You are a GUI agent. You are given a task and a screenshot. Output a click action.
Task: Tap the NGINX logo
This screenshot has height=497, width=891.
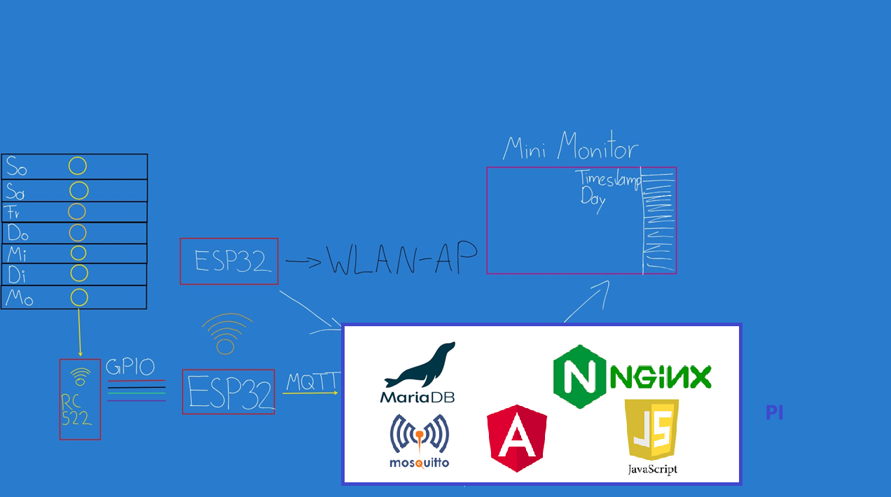coord(632,376)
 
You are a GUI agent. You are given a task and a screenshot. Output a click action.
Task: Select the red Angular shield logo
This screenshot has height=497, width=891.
coord(517,437)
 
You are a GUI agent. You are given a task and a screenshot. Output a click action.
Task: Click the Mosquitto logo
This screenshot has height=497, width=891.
coord(419,440)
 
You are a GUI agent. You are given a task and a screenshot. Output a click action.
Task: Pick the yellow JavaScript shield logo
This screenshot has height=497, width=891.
coord(651,430)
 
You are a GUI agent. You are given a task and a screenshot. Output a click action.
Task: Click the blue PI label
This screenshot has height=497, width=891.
coord(774,413)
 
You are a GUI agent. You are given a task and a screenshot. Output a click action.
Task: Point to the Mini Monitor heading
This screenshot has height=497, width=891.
coord(570,148)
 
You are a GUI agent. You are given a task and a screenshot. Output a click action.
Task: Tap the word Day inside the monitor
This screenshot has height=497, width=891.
coord(593,198)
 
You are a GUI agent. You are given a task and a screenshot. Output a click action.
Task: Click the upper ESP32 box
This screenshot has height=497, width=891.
coord(229,261)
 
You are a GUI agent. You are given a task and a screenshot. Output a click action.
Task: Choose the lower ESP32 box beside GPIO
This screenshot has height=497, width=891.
coord(228,392)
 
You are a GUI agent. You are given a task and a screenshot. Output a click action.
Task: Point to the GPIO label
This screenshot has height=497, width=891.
coord(130,367)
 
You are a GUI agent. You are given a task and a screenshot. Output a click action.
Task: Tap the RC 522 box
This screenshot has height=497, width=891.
coord(80,400)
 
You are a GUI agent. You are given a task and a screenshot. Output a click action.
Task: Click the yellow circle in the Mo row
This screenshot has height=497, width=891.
coord(79,297)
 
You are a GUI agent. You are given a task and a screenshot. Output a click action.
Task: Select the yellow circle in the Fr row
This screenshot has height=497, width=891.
coord(77,211)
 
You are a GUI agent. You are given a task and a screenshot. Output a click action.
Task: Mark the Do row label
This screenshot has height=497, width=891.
coord(19,232)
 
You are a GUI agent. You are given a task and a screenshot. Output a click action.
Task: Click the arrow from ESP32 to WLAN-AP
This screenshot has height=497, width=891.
coord(303,262)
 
